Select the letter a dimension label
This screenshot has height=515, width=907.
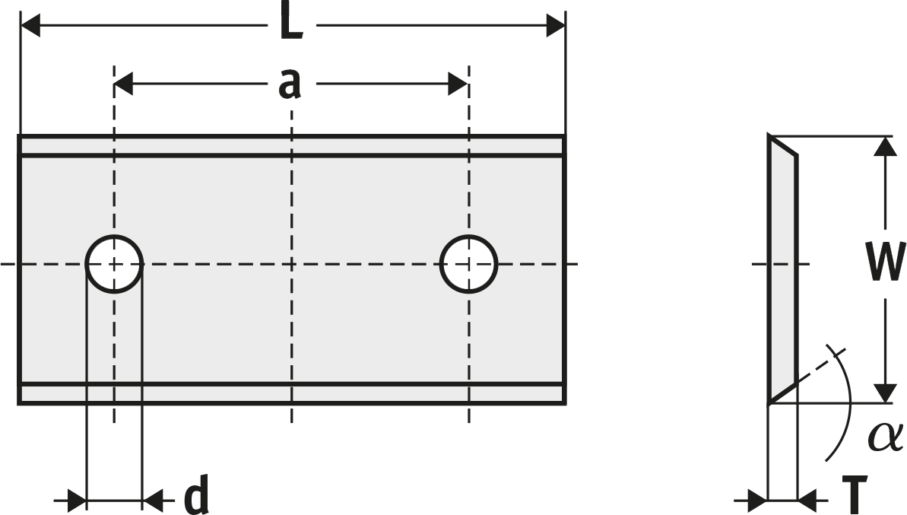pyautogui.click(x=290, y=84)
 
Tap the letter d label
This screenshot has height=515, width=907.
pyautogui.click(x=196, y=495)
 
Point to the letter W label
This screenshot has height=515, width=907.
pyautogui.click(x=885, y=262)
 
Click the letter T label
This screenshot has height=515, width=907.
pyautogui.click(x=855, y=495)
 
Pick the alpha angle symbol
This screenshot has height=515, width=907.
pyautogui.click(x=885, y=437)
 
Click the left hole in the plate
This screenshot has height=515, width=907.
pyautogui.click(x=115, y=264)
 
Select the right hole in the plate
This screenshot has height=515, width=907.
pyautogui.click(x=468, y=264)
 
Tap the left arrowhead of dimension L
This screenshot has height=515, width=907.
pyautogui.click(x=30, y=25)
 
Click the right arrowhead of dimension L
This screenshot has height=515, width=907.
pyautogui.click(x=555, y=25)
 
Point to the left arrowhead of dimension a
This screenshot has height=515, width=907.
pyautogui.click(x=124, y=84)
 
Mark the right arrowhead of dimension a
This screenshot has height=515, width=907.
pyautogui.click(x=458, y=84)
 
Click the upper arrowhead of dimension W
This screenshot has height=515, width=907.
pyautogui.click(x=885, y=146)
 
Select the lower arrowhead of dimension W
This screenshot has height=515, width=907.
pyautogui.click(x=885, y=393)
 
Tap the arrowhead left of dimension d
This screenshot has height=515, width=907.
pyautogui.click(x=77, y=499)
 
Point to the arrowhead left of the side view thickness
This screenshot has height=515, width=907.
pyautogui.click(x=758, y=499)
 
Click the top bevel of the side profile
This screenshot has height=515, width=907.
pyautogui.click(x=783, y=145)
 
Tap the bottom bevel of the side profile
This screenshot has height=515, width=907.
pyautogui.click(x=783, y=393)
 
